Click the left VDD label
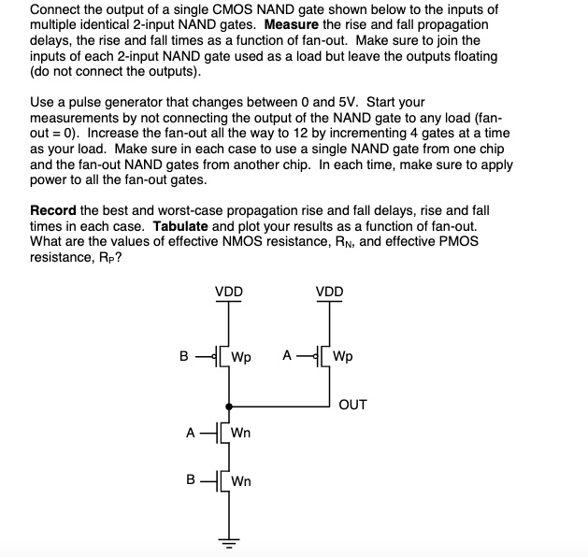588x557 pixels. click(229, 292)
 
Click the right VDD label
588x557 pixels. click(329, 292)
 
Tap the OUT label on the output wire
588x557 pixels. click(352, 405)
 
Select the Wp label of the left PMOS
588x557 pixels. click(241, 356)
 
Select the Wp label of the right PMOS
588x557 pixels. click(343, 356)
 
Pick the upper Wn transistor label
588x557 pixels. click(241, 433)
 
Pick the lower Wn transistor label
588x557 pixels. click(241, 481)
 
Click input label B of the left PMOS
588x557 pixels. click(185, 355)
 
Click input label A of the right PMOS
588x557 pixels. click(287, 355)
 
